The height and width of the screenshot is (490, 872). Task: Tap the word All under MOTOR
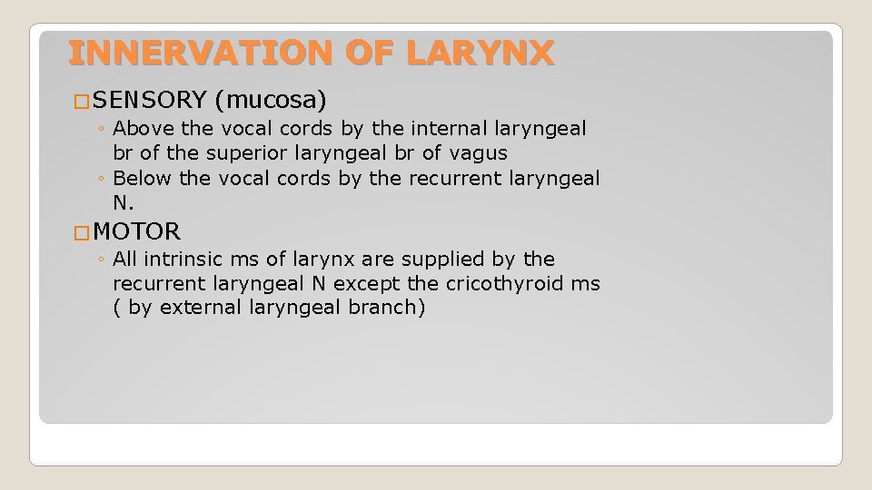pyautogui.click(x=125, y=260)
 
